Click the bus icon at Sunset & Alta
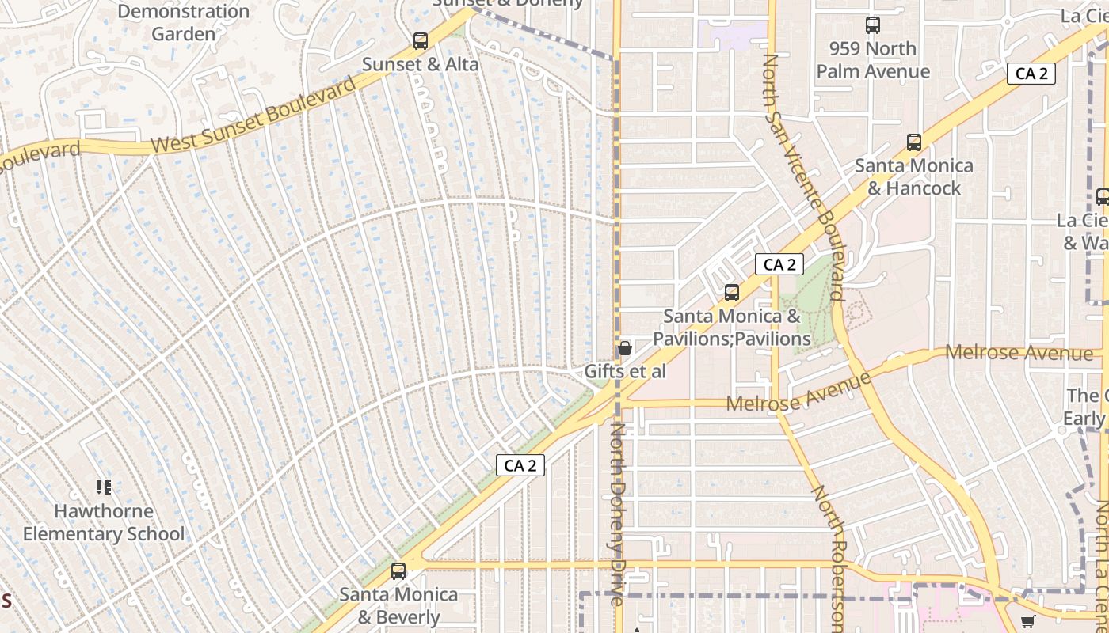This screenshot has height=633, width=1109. point(421,40)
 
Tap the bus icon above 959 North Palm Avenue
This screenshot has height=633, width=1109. point(873,25)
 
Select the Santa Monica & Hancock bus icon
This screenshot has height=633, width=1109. point(914,142)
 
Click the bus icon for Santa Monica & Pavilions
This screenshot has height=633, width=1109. point(732,293)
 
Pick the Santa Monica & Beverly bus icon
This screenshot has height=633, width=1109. point(398,570)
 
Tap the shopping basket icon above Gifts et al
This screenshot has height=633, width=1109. point(624,348)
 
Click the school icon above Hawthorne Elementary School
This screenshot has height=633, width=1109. point(103,487)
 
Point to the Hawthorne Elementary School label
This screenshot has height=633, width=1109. point(103,523)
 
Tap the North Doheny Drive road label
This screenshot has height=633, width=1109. point(618,514)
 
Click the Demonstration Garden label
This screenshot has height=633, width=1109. point(183,23)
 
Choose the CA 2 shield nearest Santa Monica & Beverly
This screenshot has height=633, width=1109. point(520,465)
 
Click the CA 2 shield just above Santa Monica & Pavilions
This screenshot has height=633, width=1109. point(779,264)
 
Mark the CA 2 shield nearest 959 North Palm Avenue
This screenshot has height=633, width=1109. point(1031,74)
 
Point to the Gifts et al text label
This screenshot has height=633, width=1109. point(625,371)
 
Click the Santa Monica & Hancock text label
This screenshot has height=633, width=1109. point(914,176)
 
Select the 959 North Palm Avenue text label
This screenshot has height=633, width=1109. point(873,60)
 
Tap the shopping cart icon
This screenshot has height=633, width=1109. point(1027,622)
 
